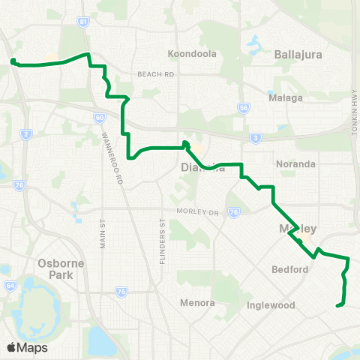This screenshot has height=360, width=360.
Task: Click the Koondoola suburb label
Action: coord(191,54)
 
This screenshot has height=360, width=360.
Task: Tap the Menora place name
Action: coord(197,303)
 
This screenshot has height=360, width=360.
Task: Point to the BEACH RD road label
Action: coord(155,74)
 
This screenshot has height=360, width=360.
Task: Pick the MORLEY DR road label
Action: coord(196,211)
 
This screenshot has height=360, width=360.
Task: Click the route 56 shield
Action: coord(243,108)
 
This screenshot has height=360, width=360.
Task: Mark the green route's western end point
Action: coord(13,61)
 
